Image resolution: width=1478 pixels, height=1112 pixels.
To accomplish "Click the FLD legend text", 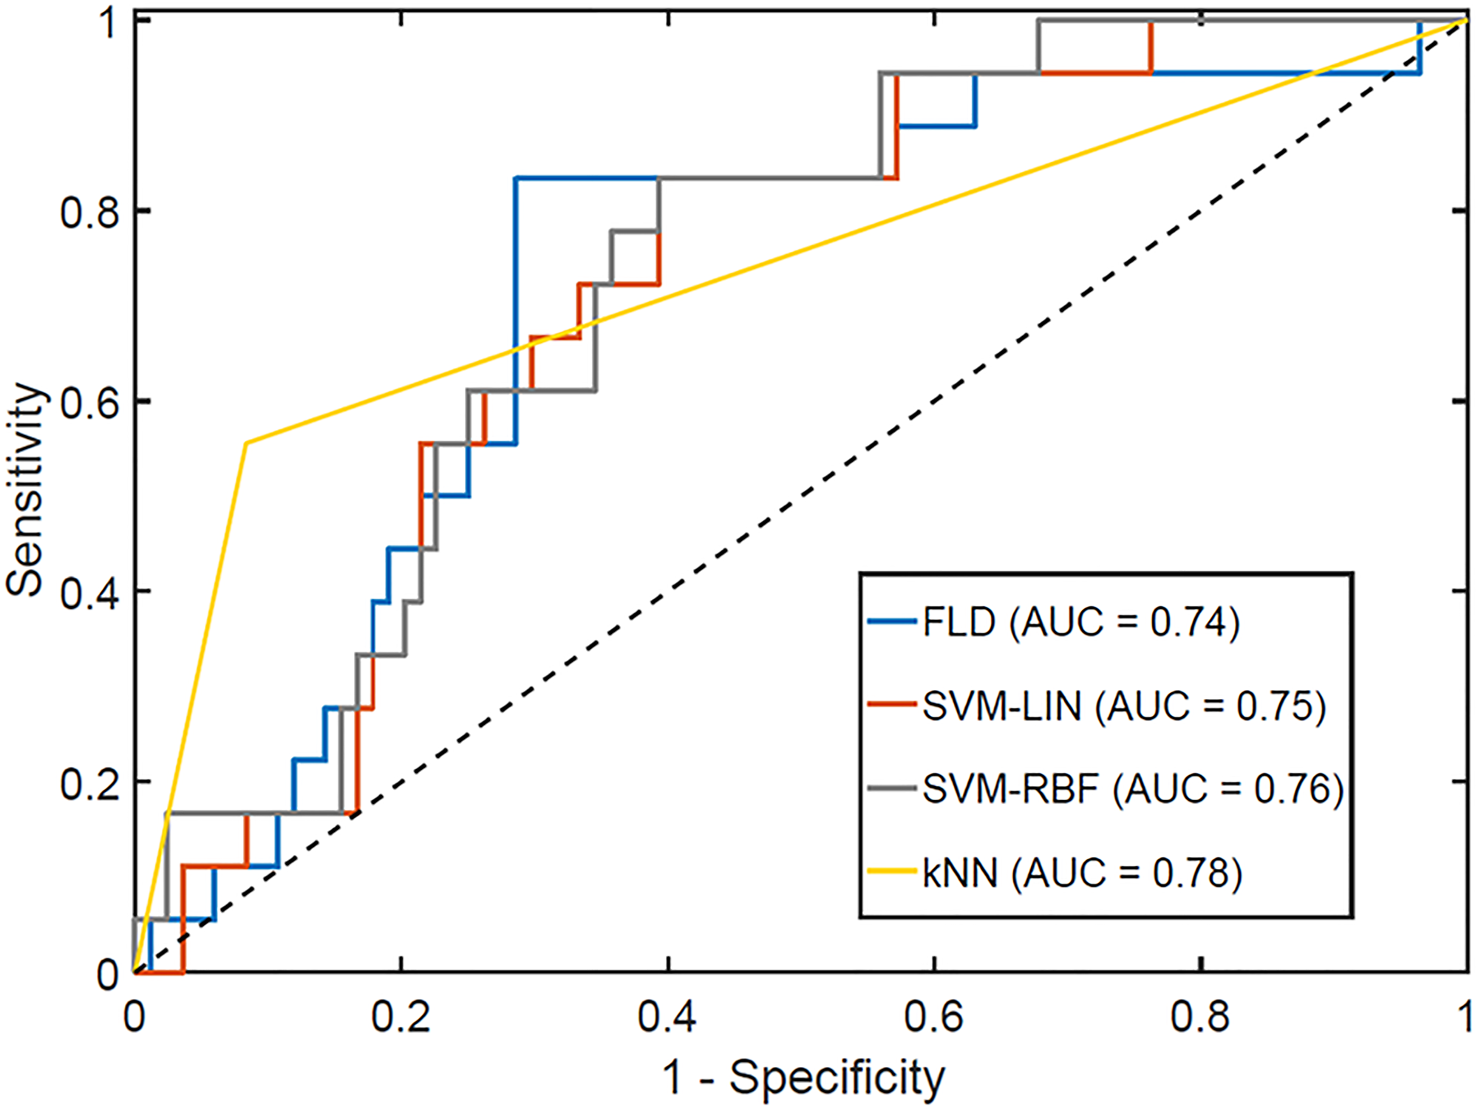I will click(x=1079, y=622).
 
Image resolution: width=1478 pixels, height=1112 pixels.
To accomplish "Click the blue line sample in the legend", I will click(x=892, y=622).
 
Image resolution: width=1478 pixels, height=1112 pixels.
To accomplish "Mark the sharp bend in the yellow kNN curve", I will click(x=246, y=443).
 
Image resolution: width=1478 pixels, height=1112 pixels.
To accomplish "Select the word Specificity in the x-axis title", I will click(x=837, y=1078).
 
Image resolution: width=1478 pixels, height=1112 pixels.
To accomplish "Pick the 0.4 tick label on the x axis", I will click(x=667, y=1017).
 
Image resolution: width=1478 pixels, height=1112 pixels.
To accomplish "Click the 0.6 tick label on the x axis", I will click(x=933, y=1017).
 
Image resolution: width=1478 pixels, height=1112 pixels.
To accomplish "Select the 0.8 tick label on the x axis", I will click(x=1200, y=1017).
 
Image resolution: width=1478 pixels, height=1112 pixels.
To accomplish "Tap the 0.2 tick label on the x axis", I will click(x=401, y=1017).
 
